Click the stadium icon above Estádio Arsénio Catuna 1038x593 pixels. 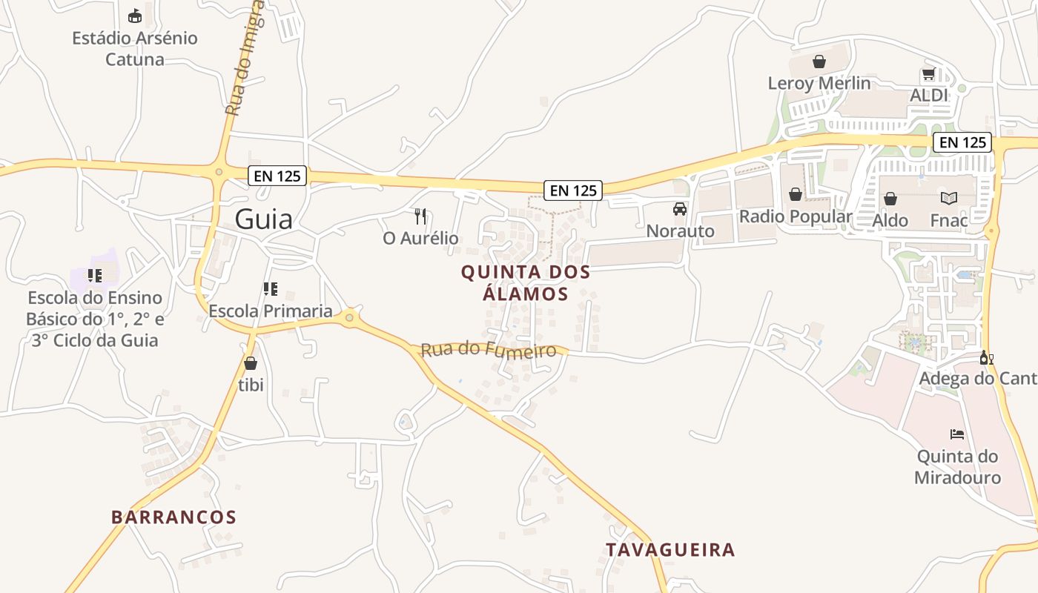[134, 16]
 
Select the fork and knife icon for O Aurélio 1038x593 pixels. [420, 216]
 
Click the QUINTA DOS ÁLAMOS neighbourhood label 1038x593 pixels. [526, 282]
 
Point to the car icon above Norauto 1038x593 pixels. [680, 209]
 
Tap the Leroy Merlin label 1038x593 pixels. [819, 83]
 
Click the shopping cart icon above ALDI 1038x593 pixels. [928, 74]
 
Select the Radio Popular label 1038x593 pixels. [796, 216]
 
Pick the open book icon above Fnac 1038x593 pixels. [949, 198]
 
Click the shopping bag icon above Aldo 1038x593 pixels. [890, 199]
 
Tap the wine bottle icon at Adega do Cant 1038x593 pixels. [986, 358]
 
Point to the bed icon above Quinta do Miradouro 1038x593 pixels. [957, 434]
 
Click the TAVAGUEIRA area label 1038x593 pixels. [670, 550]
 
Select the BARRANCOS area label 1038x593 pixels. [173, 517]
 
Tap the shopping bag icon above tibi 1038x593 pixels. [251, 363]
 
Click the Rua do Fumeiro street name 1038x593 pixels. [488, 349]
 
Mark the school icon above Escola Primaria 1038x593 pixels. [270, 288]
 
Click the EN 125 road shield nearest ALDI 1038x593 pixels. [962, 142]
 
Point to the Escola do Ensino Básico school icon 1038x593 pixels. [94, 276]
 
